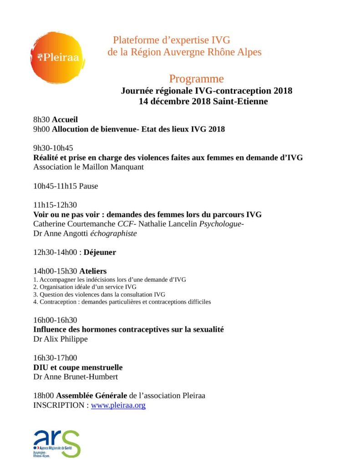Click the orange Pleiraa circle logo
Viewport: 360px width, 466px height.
tap(57, 57)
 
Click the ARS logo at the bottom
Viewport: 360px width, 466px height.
tap(56, 443)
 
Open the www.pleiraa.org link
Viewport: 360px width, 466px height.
tap(118, 405)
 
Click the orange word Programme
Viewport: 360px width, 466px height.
tap(196, 79)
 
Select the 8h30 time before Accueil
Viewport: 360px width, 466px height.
tap(41, 120)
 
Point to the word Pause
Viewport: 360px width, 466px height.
tap(88, 186)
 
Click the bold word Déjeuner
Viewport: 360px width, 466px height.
tap(100, 252)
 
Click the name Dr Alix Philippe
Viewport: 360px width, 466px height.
tap(61, 339)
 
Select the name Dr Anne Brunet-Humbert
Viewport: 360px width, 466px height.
tap(75, 376)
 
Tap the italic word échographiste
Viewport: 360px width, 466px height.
tap(114, 233)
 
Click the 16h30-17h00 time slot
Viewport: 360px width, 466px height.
tap(55, 357)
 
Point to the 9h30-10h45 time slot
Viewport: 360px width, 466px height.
tap(53, 148)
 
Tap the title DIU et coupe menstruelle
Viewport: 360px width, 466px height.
tap(78, 367)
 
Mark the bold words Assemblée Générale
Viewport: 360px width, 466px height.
tap(89, 395)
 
